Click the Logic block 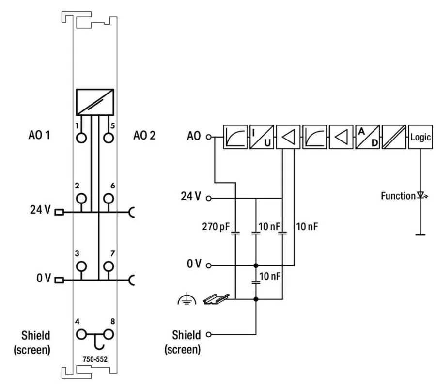(x=420, y=137)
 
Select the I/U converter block (x=262, y=137)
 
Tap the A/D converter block (x=367, y=137)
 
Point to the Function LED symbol (x=420, y=196)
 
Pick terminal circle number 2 (x=81, y=198)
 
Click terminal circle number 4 (x=81, y=334)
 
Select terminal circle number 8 (x=109, y=334)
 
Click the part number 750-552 (x=95, y=358)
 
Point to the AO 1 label (x=35, y=136)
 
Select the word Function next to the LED (x=398, y=196)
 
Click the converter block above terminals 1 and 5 (x=95, y=102)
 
